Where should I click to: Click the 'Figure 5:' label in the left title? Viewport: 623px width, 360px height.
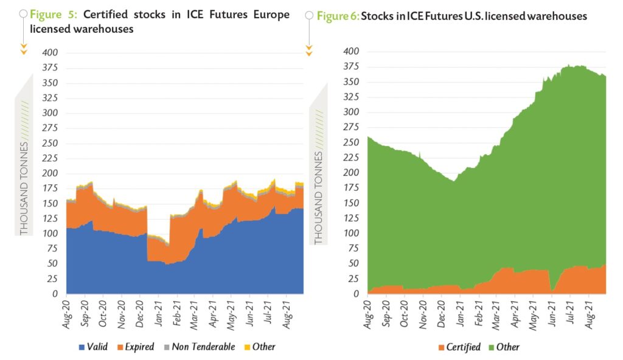[x=53, y=15]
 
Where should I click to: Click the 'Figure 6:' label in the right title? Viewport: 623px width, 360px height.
[x=337, y=16]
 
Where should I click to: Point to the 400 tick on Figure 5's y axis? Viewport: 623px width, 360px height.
[x=49, y=53]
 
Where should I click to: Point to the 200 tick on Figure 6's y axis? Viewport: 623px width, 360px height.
[x=352, y=173]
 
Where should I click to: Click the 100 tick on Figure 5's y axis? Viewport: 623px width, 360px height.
[x=49, y=234]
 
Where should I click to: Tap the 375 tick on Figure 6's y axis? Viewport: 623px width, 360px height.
[x=352, y=67]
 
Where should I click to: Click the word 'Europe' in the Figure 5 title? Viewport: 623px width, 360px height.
[x=267, y=15]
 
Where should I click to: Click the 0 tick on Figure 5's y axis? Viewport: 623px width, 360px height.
[x=54, y=294]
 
